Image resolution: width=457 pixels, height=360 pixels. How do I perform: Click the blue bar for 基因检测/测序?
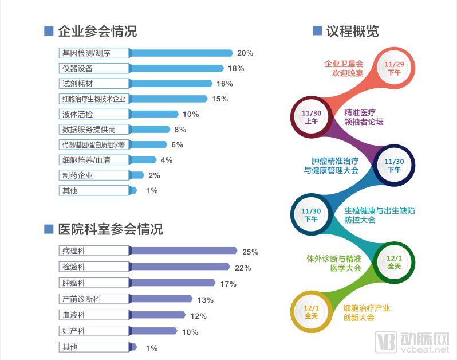(182, 53)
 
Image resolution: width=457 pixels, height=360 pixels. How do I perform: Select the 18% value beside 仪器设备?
(235, 68)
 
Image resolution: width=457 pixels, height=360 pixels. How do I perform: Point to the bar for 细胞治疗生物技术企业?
(170, 99)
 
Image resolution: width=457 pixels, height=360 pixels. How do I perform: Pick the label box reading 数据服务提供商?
(89, 130)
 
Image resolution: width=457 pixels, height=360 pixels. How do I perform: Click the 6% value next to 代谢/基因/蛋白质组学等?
(177, 144)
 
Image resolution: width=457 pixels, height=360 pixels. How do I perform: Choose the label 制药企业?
(78, 175)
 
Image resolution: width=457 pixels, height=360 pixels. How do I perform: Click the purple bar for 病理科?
(183, 251)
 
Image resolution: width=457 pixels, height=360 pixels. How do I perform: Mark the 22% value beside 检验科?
(243, 268)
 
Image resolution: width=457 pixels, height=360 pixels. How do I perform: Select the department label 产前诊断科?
(82, 299)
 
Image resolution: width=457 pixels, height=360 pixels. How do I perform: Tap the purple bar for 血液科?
(158, 315)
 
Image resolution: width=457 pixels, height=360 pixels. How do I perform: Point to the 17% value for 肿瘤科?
(228, 284)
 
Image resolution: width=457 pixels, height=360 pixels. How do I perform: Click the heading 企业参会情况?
(97, 31)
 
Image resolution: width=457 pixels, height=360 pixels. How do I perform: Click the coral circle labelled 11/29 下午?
(394, 68)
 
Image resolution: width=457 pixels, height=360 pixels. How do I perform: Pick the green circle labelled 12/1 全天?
(394, 263)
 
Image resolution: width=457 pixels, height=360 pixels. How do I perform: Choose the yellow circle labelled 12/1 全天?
(312, 312)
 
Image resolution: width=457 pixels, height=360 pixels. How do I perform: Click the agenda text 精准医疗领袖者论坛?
(364, 117)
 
